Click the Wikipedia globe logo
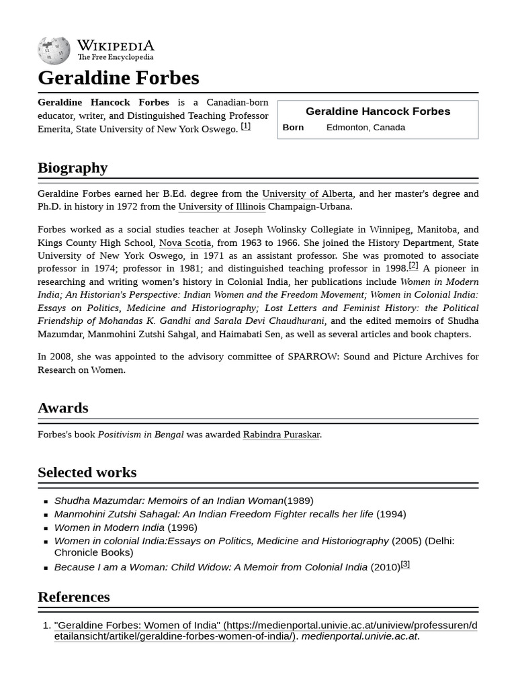click(54, 50)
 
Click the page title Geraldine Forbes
click(118, 78)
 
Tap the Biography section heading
click(73, 168)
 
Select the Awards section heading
click(63, 408)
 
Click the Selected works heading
click(87, 472)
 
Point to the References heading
click(73, 597)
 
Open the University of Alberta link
click(307, 193)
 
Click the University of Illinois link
click(222, 206)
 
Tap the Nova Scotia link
click(185, 243)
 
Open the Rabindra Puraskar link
click(282, 434)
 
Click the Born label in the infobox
click(293, 128)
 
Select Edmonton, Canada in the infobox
click(365, 128)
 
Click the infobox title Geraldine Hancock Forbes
click(378, 112)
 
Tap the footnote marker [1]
click(246, 126)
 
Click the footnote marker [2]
click(413, 265)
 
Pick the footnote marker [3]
click(405, 564)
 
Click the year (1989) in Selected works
click(298, 501)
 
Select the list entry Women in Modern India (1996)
click(126, 527)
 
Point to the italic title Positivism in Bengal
click(140, 434)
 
